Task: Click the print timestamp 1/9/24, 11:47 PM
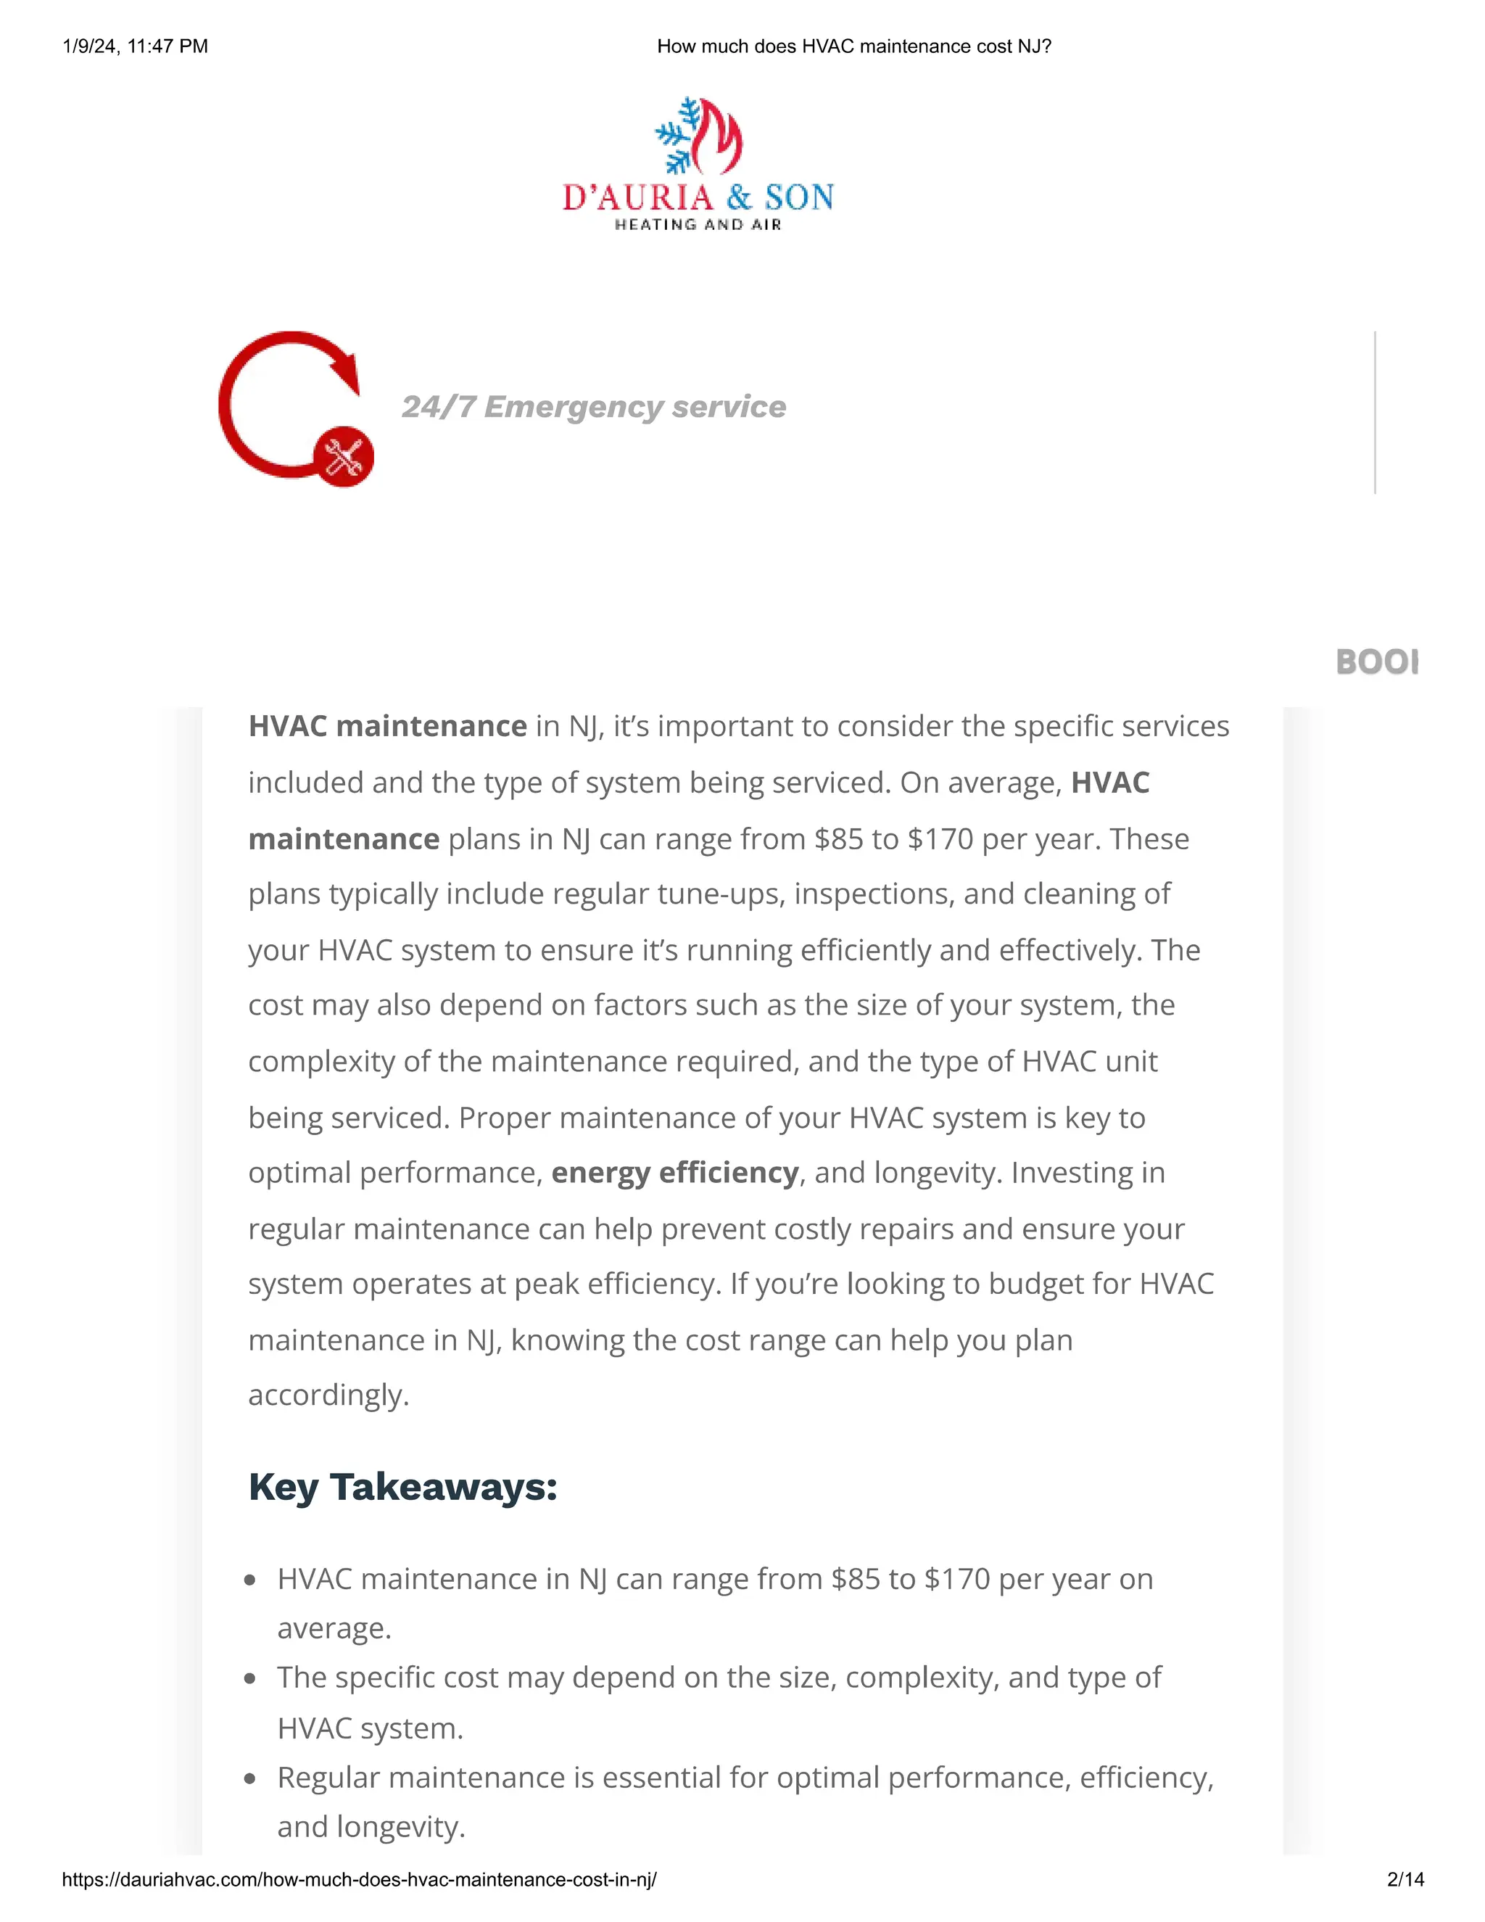[136, 46]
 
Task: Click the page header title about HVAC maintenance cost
[853, 46]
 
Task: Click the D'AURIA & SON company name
[698, 197]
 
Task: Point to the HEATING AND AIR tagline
[698, 226]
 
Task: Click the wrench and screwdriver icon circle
[344, 457]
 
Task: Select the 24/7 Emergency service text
[594, 407]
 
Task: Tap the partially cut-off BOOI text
[1376, 661]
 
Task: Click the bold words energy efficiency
[675, 1173]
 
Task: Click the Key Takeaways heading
[403, 1488]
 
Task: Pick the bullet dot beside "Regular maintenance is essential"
[251, 1778]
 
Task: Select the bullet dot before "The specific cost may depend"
[251, 1678]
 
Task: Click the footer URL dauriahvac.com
[359, 1880]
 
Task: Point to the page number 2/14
[1405, 1880]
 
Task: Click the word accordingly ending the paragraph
[328, 1395]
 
